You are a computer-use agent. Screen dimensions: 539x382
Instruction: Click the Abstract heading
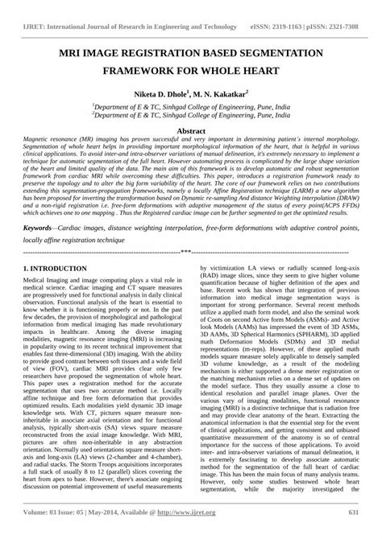[x=191, y=130]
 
